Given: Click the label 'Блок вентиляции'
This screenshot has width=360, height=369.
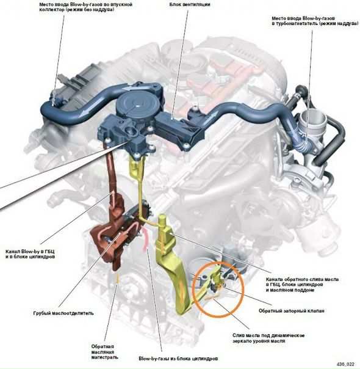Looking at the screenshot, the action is [x=190, y=4].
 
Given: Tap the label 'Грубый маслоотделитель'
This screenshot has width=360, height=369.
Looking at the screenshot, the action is [x=63, y=313].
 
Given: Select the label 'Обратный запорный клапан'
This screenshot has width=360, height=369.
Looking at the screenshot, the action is [x=292, y=310].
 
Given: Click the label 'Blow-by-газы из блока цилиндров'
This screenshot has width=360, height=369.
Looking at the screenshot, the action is [x=178, y=359].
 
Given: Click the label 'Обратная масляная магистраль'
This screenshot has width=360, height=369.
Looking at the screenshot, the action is [x=104, y=352].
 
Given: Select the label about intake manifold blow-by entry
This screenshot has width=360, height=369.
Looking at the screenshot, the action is [x=85, y=7].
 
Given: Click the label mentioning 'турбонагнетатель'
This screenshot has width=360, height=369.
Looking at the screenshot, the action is [x=315, y=21].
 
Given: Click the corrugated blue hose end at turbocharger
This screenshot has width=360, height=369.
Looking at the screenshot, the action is [x=303, y=147].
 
